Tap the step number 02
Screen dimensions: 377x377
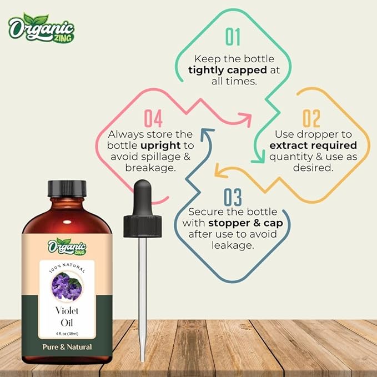311,119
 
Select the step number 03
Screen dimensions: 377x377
234,198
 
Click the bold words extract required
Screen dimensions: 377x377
313,145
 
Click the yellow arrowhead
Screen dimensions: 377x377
219,172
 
